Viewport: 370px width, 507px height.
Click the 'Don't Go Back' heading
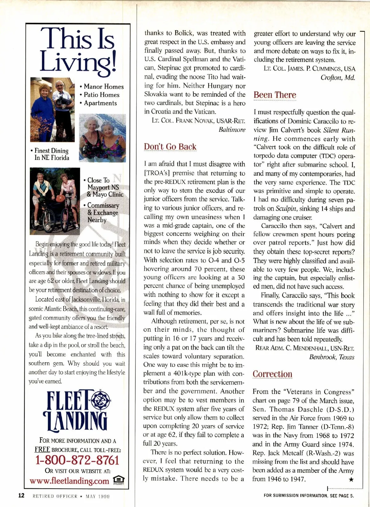pos(170,147)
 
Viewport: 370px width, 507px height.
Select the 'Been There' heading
pos(275,95)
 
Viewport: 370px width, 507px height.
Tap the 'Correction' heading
pos(272,374)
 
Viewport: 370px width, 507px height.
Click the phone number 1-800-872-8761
pos(77,460)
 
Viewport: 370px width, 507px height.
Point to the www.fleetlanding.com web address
pos(69,481)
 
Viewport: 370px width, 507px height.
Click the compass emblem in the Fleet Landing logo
pos(99,400)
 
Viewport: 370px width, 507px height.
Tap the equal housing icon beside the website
pos(119,480)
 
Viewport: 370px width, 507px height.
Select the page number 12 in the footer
pos(21,496)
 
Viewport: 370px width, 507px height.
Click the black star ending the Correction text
pos(351,480)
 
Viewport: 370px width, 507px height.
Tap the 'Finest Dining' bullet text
pos(51,151)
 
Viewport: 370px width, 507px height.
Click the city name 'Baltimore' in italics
pos(232,130)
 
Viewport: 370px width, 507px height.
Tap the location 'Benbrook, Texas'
pos(331,357)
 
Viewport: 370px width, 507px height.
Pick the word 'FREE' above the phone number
pos(42,449)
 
